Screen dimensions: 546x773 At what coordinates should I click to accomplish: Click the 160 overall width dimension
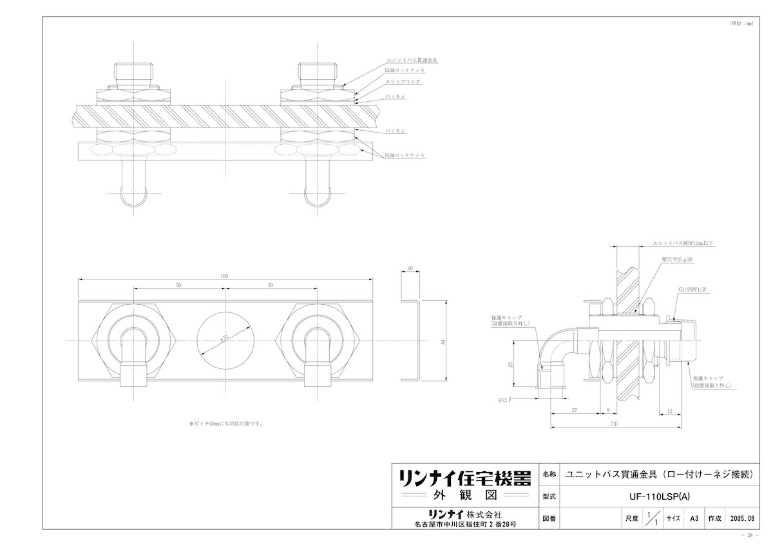pos(225,276)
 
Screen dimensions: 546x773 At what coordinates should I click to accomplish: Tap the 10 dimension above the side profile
pos(410,268)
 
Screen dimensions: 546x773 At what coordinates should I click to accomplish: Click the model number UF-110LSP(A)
pos(655,496)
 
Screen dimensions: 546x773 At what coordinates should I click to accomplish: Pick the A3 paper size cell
pos(694,517)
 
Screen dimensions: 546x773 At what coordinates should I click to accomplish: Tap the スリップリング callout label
pos(404,82)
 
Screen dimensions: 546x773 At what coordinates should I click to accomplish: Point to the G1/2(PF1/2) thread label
pos(693,290)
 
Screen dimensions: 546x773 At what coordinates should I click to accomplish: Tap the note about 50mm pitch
pos(225,424)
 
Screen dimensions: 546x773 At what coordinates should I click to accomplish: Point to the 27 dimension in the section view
pos(573,409)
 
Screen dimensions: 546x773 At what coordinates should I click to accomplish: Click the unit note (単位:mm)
pos(740,23)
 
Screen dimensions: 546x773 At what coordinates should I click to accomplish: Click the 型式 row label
pos(549,496)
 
